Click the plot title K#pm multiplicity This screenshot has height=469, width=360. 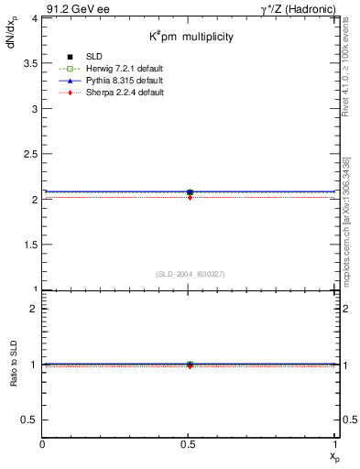coord(191,37)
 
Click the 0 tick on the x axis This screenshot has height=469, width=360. coord(43,444)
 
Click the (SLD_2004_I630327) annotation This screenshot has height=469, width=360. coord(190,274)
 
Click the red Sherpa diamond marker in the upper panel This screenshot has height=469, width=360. coord(190,197)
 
